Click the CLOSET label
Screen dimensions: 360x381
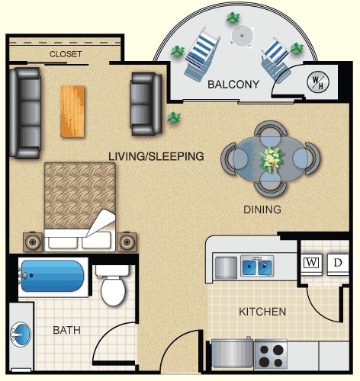(x=66, y=54)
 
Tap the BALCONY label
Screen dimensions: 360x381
(x=233, y=85)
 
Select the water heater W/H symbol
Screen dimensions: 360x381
(x=318, y=82)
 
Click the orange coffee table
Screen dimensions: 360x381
(x=72, y=111)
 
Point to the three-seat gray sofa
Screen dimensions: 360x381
(x=25, y=113)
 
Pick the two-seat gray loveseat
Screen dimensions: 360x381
(x=146, y=104)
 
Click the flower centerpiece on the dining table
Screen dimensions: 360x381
(x=271, y=159)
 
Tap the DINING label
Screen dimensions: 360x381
(x=262, y=210)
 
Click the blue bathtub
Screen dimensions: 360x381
(x=53, y=276)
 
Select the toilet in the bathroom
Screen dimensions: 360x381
(x=113, y=285)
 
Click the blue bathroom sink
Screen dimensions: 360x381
(x=21, y=334)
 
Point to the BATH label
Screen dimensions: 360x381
(x=66, y=330)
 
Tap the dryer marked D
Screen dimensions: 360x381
(x=338, y=264)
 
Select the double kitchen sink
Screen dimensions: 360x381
(x=257, y=267)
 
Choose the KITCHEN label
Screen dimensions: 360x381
(x=262, y=312)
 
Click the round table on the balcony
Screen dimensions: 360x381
(x=243, y=36)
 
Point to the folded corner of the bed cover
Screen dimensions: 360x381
(x=101, y=223)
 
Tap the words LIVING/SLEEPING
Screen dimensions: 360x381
(x=156, y=156)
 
